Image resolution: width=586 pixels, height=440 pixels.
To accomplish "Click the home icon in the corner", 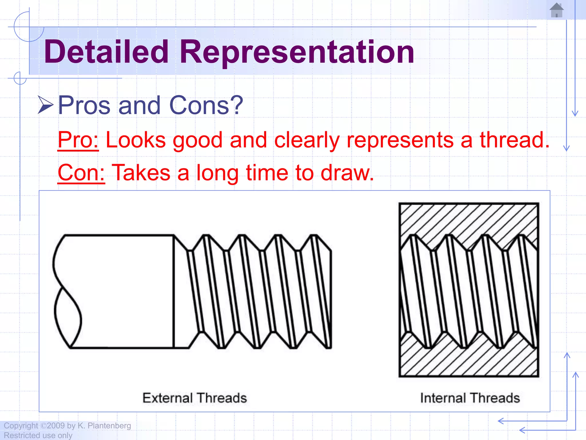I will (556, 10).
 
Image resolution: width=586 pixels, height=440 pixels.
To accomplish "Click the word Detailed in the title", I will (106, 52).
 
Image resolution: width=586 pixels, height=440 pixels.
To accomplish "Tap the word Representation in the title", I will (297, 52).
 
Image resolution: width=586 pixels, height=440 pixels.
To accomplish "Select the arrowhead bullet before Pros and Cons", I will (45, 105).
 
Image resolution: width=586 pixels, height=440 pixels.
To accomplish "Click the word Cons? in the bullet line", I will (206, 105).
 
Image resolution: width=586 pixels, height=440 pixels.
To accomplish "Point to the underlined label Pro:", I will (78, 140).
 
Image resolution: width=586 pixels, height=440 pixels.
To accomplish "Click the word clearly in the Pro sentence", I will (307, 140).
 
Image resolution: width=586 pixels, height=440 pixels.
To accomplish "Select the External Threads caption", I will (195, 398).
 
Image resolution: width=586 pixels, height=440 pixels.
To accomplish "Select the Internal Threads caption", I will (470, 398).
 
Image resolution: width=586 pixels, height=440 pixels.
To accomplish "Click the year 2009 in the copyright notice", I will (56, 425).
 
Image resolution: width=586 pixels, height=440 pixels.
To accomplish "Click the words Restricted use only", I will (38, 435).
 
